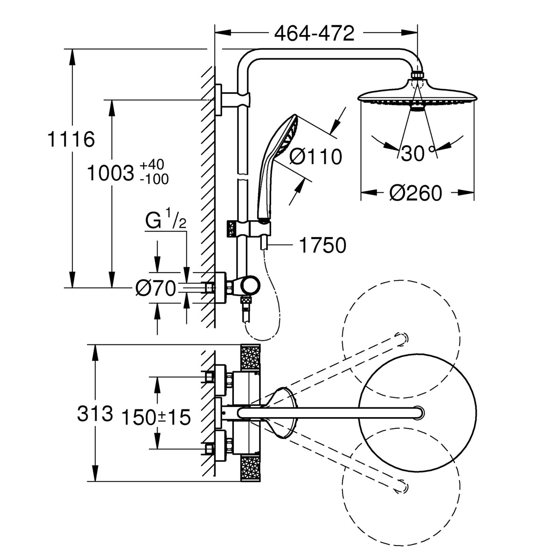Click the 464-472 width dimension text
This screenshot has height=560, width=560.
point(314,34)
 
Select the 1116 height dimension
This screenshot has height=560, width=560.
point(72,139)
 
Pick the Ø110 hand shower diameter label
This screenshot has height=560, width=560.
point(315,157)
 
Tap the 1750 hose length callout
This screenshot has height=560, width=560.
point(322,245)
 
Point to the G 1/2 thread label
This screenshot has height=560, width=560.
point(166,223)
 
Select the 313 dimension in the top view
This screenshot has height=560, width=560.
point(95,413)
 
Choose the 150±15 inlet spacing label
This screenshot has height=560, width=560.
point(156,417)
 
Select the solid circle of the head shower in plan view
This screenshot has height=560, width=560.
point(418,413)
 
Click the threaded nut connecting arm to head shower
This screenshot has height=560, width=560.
point(418,75)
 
